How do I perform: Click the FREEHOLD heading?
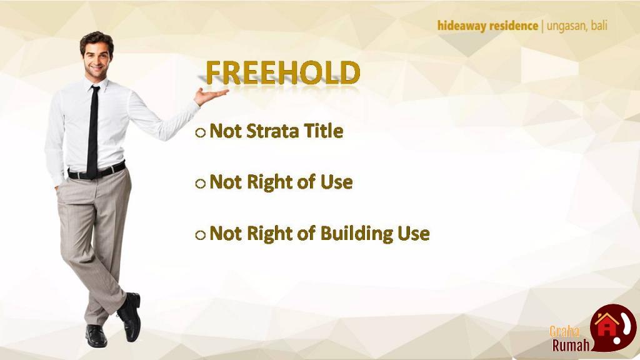click(x=283, y=72)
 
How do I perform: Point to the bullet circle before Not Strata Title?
click(x=200, y=132)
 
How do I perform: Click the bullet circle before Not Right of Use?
click(x=200, y=184)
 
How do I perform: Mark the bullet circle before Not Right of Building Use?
click(x=200, y=235)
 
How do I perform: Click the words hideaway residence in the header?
click(x=487, y=26)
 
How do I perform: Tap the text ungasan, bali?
click(x=577, y=26)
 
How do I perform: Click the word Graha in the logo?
click(x=564, y=331)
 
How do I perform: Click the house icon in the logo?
click(x=606, y=324)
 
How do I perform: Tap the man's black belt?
click(x=97, y=171)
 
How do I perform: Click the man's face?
click(x=97, y=60)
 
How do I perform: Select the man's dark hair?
click(x=97, y=41)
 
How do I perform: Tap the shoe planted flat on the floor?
click(x=96, y=336)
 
